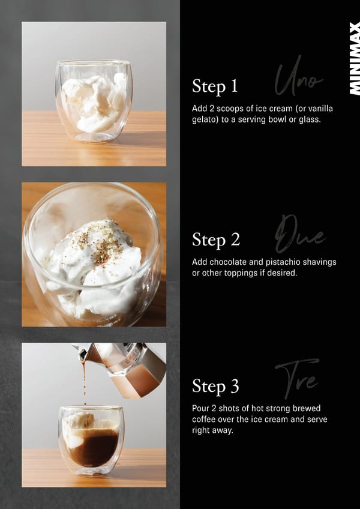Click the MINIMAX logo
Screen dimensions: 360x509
click(x=355, y=58)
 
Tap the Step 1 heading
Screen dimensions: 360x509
click(x=215, y=86)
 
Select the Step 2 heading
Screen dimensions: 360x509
click(x=216, y=239)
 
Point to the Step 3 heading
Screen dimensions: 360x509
click(x=215, y=386)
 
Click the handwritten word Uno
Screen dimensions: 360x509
click(x=298, y=77)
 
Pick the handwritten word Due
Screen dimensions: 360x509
click(x=300, y=234)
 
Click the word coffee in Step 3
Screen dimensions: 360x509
click(x=203, y=419)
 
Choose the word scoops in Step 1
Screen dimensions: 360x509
click(x=229, y=109)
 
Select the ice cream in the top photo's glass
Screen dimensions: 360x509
click(x=94, y=102)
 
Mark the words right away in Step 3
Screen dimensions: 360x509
click(x=212, y=430)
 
